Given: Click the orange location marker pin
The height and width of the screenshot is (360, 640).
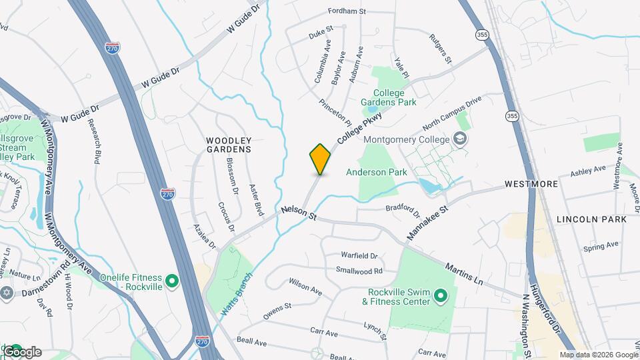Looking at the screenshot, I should [x=320, y=159].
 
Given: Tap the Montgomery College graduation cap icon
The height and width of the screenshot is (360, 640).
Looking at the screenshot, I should [x=459, y=139].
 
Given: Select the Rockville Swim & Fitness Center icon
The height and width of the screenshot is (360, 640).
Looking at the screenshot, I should [x=440, y=295].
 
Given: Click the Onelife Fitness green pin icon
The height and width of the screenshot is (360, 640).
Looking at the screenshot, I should [x=171, y=281].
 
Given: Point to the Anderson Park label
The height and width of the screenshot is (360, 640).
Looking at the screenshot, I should [x=376, y=172].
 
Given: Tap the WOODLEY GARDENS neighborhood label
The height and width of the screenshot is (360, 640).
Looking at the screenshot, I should [x=228, y=145].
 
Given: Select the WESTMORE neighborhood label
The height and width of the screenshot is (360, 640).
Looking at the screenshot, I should [x=531, y=183].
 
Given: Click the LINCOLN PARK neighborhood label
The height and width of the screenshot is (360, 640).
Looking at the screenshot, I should [x=591, y=219].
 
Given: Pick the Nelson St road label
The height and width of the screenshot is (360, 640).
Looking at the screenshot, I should [x=298, y=213].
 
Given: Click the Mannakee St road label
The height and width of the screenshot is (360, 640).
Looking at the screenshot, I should [x=428, y=223].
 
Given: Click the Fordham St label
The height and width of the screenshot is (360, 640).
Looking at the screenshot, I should [x=347, y=11].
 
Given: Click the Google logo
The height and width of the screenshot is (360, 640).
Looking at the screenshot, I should [x=22, y=351].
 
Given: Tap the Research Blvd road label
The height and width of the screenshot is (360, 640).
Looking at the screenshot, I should [x=97, y=143].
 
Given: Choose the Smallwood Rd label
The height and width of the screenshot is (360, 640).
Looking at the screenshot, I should [x=359, y=271].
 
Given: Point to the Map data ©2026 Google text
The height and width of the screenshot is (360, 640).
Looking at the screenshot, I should [x=598, y=355].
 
